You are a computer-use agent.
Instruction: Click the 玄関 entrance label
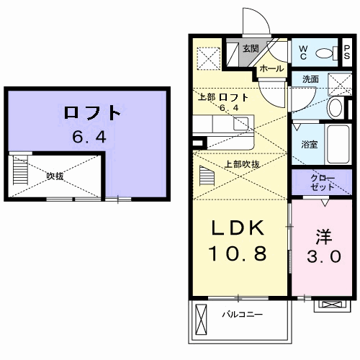[251, 48]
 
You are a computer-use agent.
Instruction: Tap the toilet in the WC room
[326, 53]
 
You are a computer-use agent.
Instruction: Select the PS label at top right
[347, 53]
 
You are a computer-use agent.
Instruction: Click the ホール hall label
[271, 68]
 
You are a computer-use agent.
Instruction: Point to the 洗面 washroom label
[310, 79]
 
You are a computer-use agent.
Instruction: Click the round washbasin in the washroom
[336, 107]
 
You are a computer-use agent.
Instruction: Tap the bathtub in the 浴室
[338, 144]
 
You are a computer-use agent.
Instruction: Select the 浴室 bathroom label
[310, 145]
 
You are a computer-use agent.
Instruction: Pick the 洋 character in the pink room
[324, 237]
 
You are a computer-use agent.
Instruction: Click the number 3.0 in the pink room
[324, 256]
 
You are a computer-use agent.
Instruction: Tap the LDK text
[238, 228]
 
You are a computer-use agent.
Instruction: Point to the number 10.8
[238, 253]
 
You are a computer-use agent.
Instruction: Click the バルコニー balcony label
[243, 314]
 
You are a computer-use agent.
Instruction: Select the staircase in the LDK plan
[207, 176]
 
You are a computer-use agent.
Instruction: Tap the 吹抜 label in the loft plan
[55, 176]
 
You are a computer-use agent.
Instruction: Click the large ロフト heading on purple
[92, 113]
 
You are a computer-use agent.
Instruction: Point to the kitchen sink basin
[240, 124]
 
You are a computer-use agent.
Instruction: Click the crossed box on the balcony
[201, 318]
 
